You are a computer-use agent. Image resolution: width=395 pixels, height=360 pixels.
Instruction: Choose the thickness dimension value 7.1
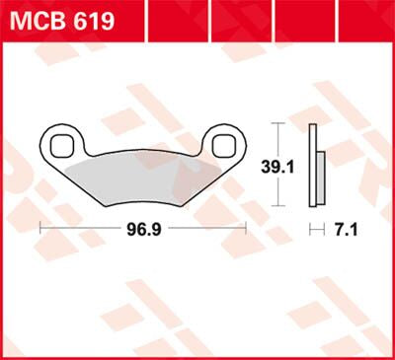pyautogui.click(x=346, y=228)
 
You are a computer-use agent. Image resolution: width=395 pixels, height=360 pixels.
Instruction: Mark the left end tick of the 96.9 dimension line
pyautogui.click(x=40, y=228)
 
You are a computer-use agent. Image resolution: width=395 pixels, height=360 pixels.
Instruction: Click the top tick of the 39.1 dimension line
pyautogui.click(x=280, y=123)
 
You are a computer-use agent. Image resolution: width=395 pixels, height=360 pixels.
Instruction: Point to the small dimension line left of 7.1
pyautogui.click(x=317, y=228)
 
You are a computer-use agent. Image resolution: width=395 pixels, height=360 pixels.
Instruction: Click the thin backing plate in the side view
pyautogui.click(x=312, y=163)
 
